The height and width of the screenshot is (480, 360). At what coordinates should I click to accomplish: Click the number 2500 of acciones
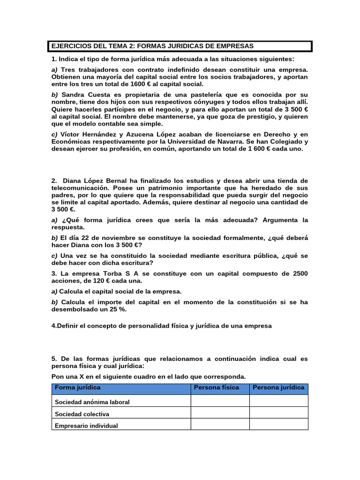pos(300,273)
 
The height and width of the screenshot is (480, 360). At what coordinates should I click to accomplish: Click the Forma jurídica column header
pos(78,388)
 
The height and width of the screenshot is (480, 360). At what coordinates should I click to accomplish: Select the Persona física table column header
pos(217,388)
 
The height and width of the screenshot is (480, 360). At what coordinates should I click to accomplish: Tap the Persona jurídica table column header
pos(278,388)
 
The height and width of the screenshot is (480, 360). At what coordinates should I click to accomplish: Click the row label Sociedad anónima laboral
pos(92,402)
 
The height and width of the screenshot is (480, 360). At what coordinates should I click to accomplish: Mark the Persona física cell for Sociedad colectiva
pos(220,413)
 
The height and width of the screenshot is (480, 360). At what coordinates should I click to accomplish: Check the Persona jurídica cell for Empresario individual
pos(278,425)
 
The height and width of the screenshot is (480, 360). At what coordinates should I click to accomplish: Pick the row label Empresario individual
pos(86,426)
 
